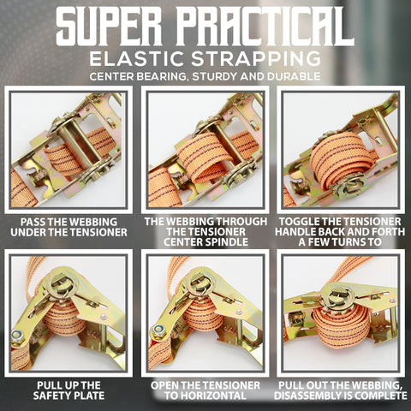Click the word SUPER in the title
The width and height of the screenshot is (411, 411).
[x=109, y=27]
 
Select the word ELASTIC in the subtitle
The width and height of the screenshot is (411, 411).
[x=136, y=58]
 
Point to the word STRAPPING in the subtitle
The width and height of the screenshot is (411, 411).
[x=256, y=58]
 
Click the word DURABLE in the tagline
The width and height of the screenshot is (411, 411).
[x=294, y=76]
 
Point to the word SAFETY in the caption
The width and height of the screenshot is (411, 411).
[x=48, y=396]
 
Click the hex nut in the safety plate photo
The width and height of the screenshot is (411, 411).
[x=18, y=337]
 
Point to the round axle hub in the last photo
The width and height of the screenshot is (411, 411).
[x=337, y=298]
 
